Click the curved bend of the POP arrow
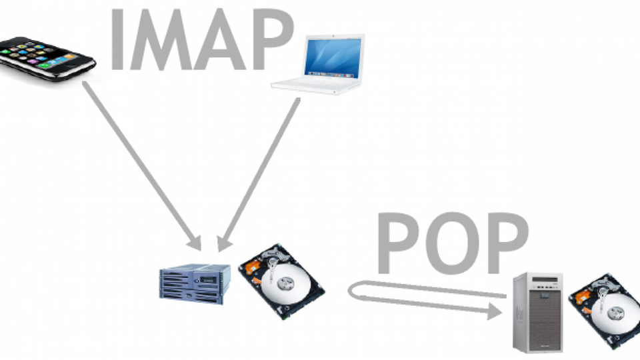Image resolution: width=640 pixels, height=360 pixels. click(x=351, y=291)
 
